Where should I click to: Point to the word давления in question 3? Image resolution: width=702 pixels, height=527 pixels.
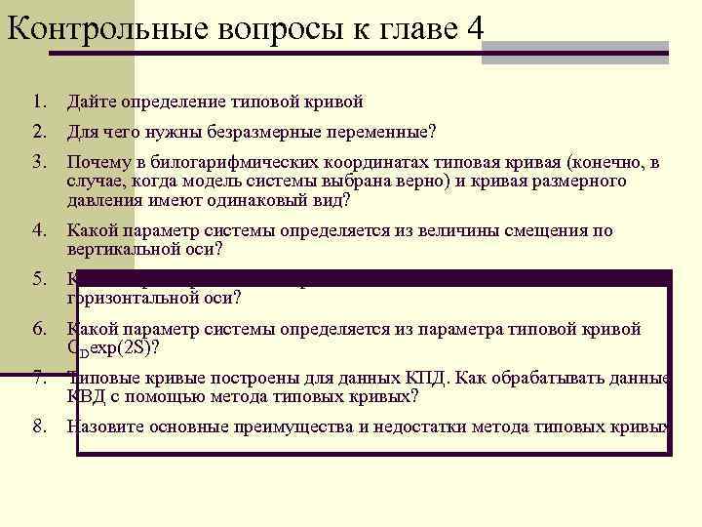click(102, 201)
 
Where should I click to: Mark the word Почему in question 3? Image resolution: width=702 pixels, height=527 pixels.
click(94, 162)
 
